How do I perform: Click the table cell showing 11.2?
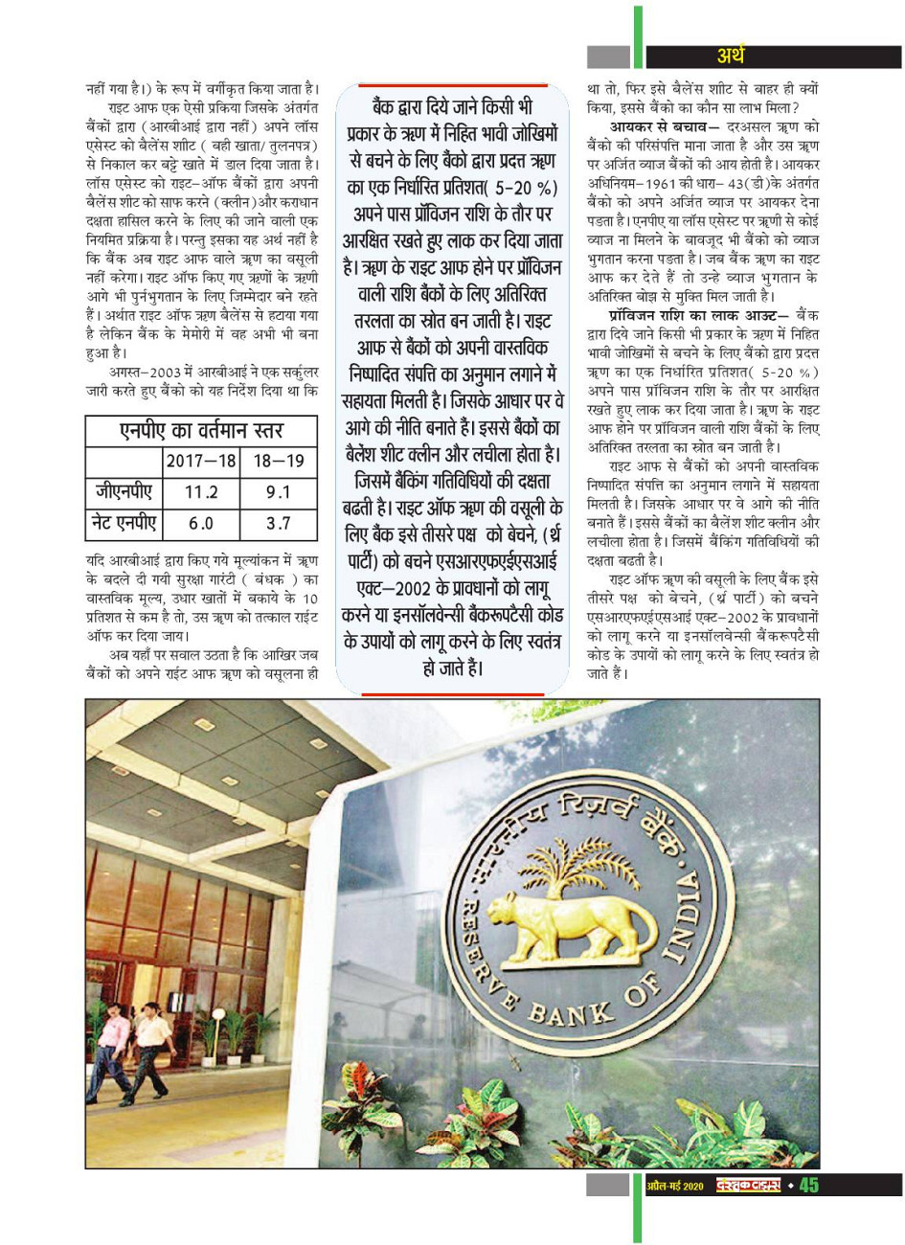(x=201, y=492)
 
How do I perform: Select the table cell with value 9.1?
(x=279, y=492)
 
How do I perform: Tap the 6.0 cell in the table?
(x=201, y=524)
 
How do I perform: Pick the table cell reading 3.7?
(x=279, y=524)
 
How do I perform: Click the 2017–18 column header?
(x=201, y=461)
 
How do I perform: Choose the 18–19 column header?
(x=279, y=461)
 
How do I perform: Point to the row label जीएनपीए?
(x=124, y=492)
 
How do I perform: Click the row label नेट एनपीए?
(x=124, y=524)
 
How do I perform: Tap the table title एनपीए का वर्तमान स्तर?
(x=201, y=430)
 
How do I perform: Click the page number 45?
(x=808, y=1186)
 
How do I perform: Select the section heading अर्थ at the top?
(x=730, y=57)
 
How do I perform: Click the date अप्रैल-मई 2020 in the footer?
(x=674, y=1187)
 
